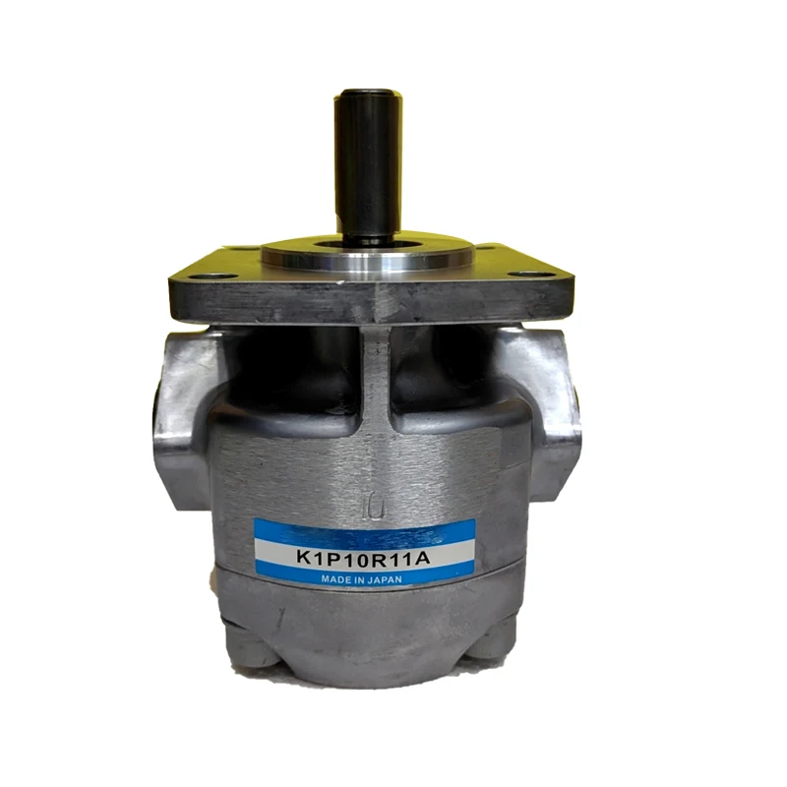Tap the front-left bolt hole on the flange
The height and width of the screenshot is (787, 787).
pyautogui.click(x=213, y=275)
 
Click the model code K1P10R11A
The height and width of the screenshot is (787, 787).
pyautogui.click(x=364, y=557)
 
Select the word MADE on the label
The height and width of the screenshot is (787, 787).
pyautogui.click(x=333, y=579)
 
